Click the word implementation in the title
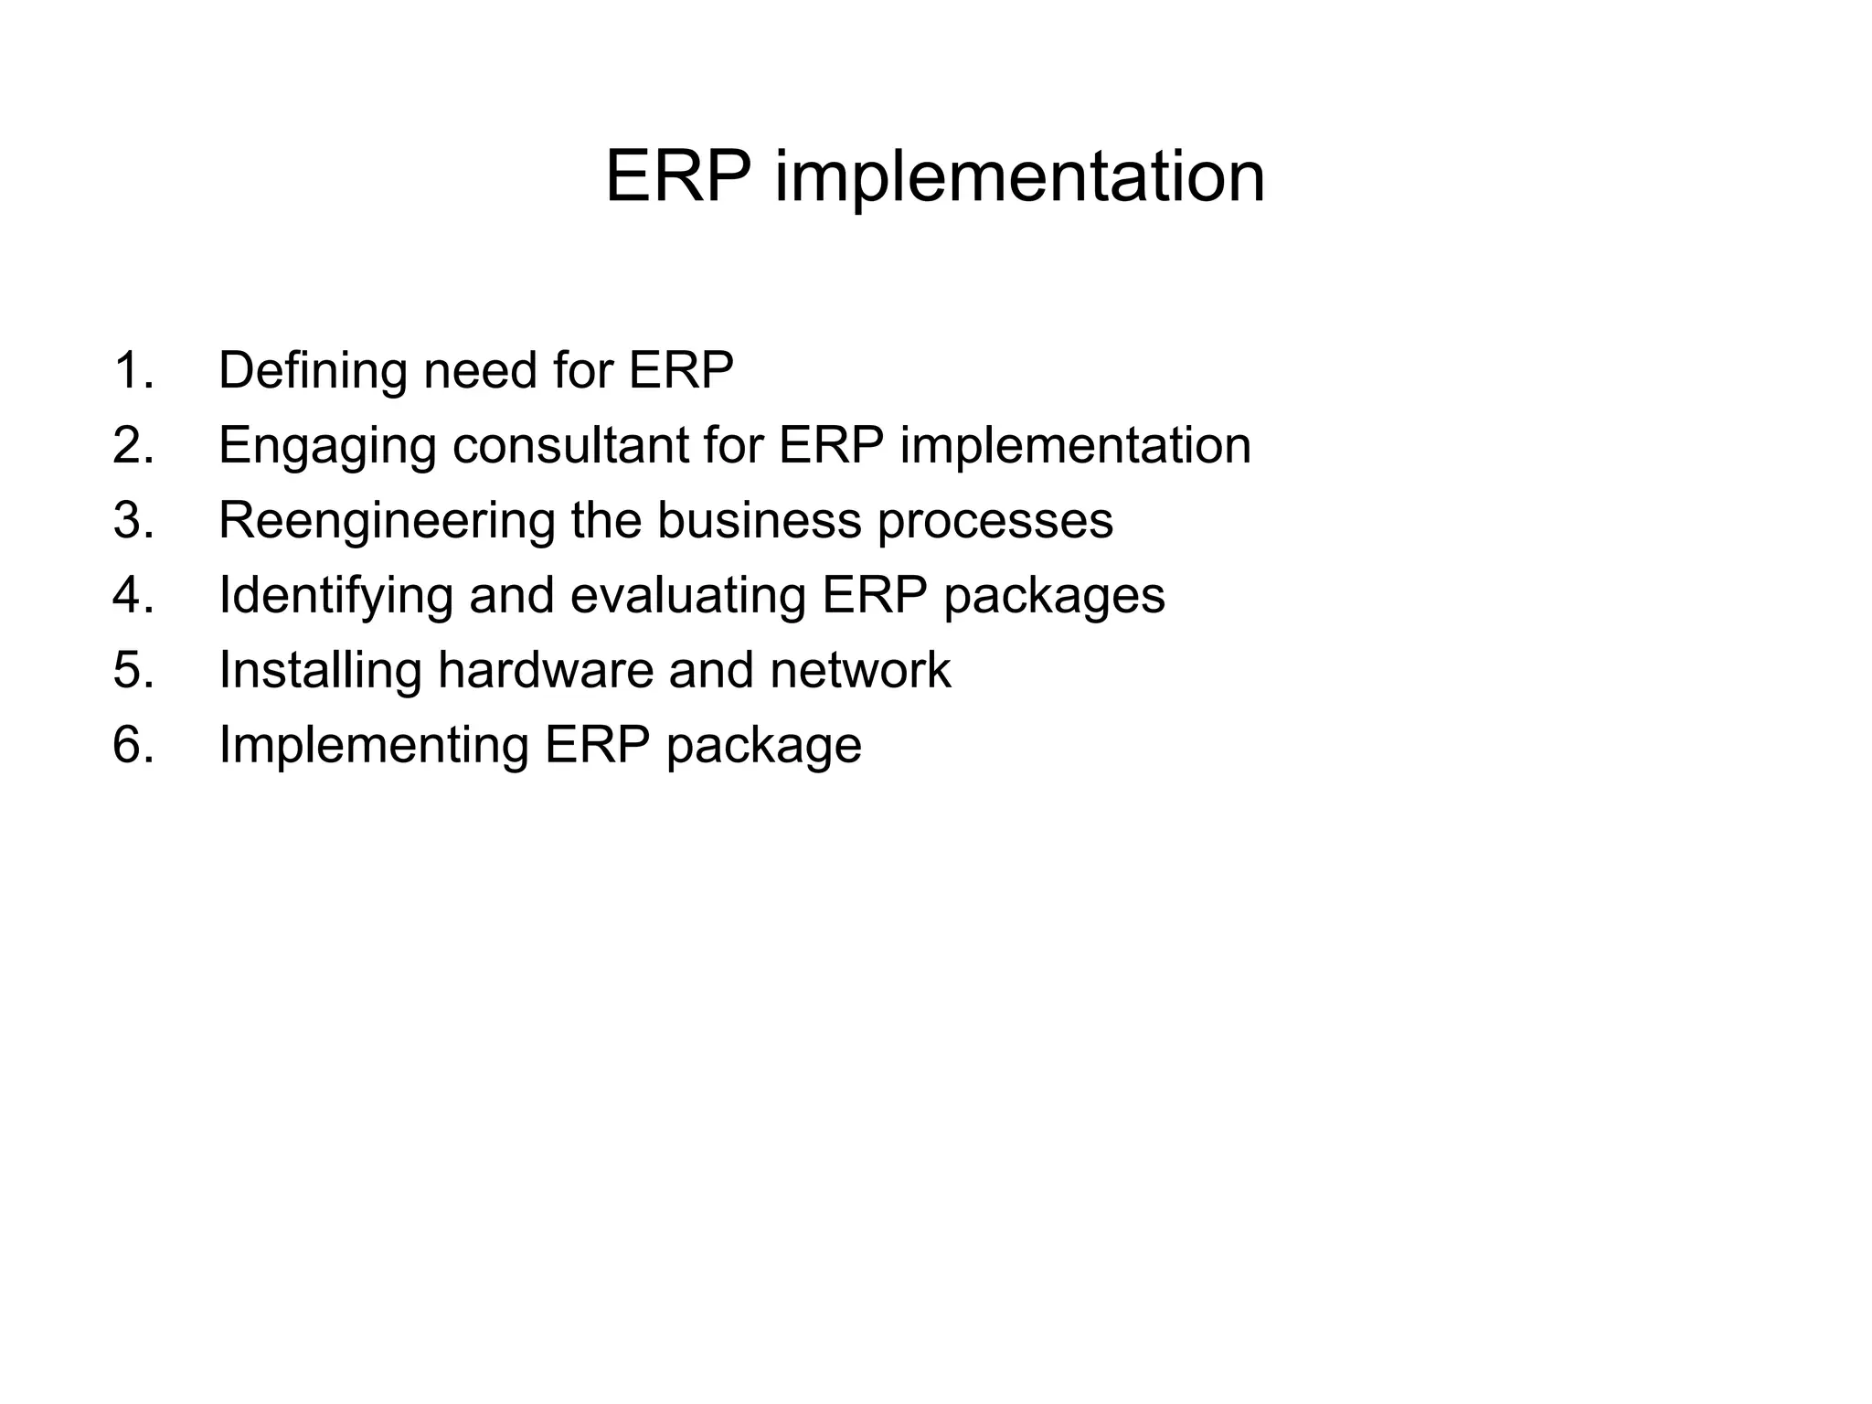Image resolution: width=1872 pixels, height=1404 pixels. click(x=1019, y=176)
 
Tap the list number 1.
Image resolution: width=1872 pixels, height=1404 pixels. click(x=133, y=371)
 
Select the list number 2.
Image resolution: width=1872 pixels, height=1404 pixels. click(x=133, y=446)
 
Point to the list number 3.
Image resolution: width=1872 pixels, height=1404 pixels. click(x=133, y=521)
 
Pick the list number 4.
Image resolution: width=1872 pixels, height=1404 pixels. click(x=133, y=596)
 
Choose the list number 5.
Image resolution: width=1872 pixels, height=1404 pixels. click(x=133, y=671)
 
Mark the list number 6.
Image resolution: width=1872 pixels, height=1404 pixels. click(x=133, y=745)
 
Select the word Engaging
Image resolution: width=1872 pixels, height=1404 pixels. click(x=327, y=446)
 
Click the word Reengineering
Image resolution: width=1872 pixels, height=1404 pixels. click(x=387, y=521)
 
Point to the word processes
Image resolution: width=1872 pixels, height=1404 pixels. click(x=994, y=521)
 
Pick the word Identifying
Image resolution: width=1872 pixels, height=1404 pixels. click(x=335, y=596)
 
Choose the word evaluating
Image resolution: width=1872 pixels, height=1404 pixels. click(x=687, y=596)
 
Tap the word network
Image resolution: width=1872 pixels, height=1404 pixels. click(x=859, y=671)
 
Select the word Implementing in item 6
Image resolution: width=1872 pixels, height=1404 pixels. click(x=374, y=745)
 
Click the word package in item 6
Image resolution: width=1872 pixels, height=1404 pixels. click(x=763, y=745)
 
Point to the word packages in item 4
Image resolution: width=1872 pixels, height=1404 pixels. click(x=1054, y=596)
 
